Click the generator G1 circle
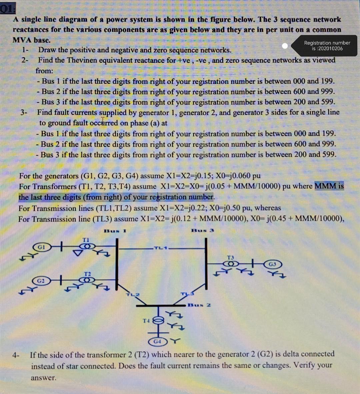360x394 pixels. click(42, 247)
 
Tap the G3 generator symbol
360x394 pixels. click(273, 264)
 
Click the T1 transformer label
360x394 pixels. click(86, 240)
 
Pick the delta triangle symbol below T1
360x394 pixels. click(78, 252)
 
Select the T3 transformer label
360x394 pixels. click(230, 257)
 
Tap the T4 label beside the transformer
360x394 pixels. click(146, 321)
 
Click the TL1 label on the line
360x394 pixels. click(161, 248)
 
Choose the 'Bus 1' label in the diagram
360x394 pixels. click(115, 231)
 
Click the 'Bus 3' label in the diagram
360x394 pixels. click(203, 230)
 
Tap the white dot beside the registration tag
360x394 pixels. click(285, 46)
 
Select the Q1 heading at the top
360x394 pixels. click(8, 9)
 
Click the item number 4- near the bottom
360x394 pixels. click(16, 355)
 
